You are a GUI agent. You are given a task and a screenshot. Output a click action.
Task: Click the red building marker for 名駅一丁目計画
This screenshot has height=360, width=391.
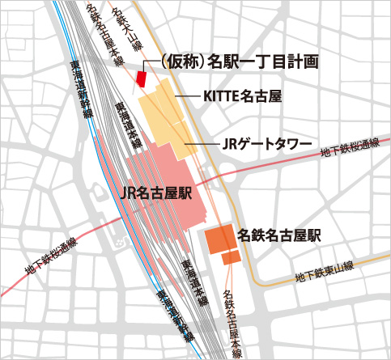(141, 78)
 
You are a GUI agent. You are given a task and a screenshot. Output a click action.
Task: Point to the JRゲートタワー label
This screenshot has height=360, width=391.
(266, 144)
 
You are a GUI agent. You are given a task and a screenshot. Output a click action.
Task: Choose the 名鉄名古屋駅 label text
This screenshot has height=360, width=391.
(279, 235)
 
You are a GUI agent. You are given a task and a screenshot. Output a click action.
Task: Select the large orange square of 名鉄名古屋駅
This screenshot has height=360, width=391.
(219, 239)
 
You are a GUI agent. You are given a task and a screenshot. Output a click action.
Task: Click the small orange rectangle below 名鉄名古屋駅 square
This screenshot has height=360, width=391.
(231, 258)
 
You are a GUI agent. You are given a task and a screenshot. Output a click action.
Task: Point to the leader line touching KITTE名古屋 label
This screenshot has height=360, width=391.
(187, 97)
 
